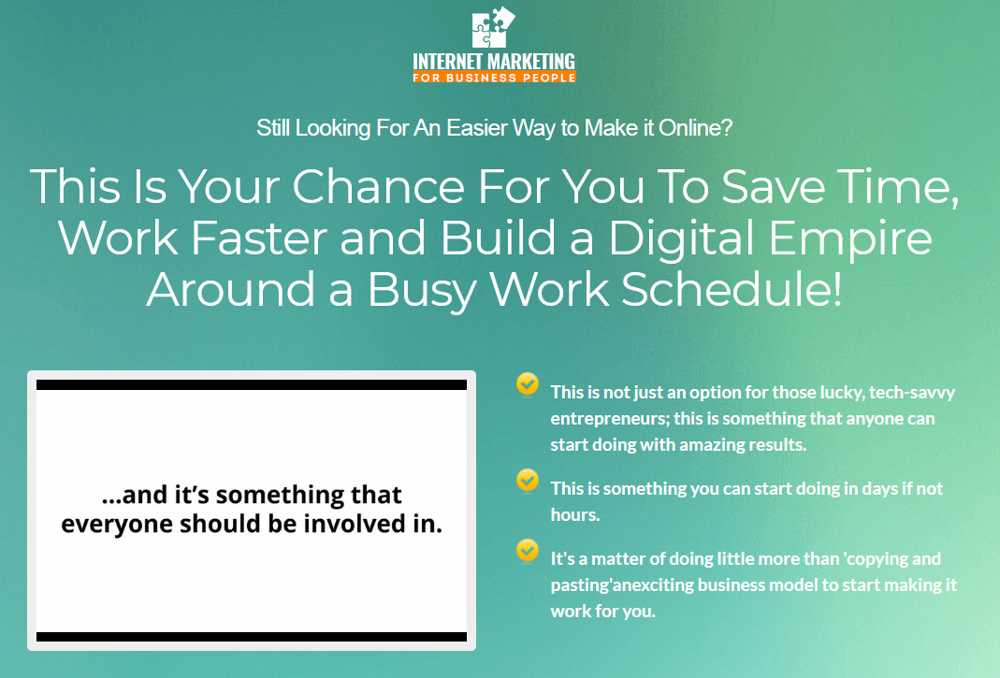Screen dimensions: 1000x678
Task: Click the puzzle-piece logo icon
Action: click(x=494, y=27)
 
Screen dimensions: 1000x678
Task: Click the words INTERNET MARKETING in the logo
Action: click(x=494, y=62)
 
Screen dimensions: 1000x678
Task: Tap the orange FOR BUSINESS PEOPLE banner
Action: click(x=494, y=78)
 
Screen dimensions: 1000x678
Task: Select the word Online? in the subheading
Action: click(x=695, y=127)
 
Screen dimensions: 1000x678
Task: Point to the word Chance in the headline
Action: click(x=378, y=187)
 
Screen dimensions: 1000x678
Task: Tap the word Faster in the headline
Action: click(x=259, y=238)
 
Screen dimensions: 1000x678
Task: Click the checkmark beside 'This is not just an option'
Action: click(x=528, y=384)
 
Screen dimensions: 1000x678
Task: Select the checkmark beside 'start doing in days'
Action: click(x=528, y=481)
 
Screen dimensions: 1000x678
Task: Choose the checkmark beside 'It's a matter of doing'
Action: click(x=528, y=551)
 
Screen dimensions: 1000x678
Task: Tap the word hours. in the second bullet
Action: click(x=575, y=514)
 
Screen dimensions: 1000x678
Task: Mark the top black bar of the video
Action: click(x=252, y=384)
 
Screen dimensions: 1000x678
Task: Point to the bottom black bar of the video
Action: click(x=252, y=637)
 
